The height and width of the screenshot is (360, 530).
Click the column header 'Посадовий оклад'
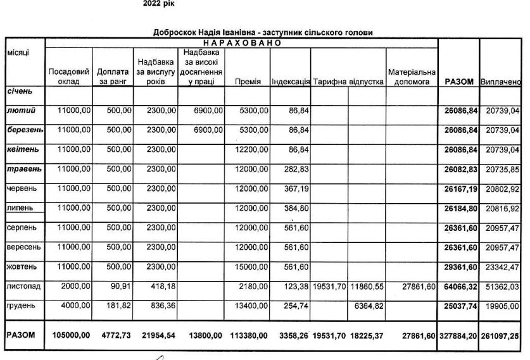coord(68,77)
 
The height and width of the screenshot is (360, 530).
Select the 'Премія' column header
coord(246,82)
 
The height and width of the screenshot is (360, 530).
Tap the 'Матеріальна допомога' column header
coord(412,77)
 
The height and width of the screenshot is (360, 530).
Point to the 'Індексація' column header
coord(290,82)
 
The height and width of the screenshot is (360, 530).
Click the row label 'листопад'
coord(23,287)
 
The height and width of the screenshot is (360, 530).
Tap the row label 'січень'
coord(19,91)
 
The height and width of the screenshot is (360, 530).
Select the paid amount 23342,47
coord(502,267)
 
